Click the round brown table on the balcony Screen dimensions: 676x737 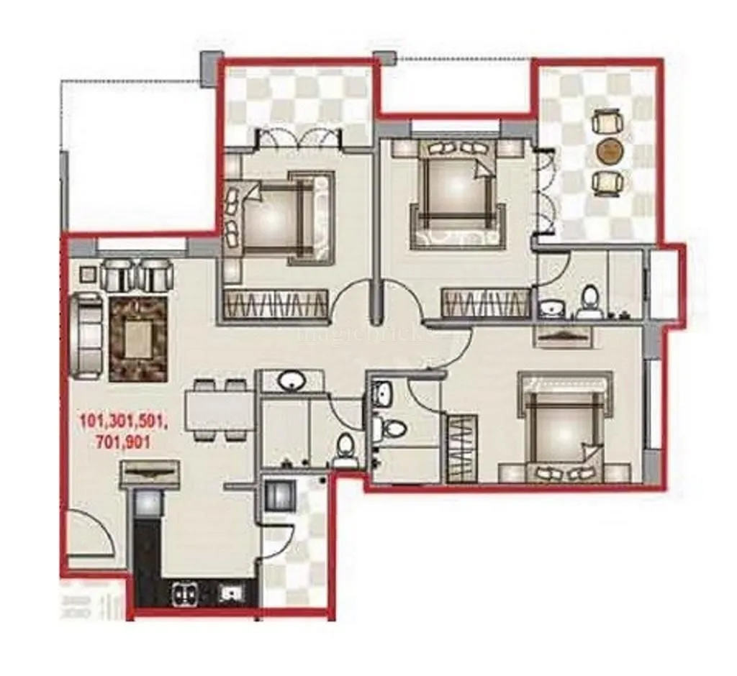point(609,150)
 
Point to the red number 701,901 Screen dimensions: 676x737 point(122,442)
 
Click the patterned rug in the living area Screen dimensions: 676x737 point(138,338)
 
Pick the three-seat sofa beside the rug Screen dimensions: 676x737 point(89,336)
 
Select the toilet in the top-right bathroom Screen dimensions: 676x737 point(590,303)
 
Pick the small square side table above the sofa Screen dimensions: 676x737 point(88,274)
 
